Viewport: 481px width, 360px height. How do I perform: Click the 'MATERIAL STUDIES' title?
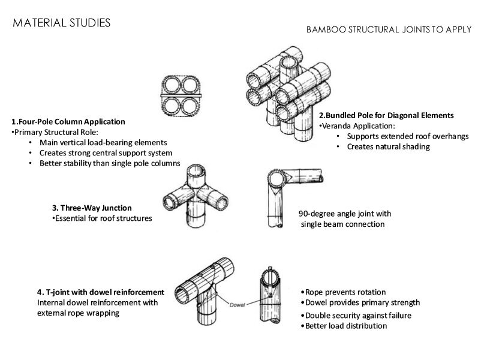[x=61, y=23]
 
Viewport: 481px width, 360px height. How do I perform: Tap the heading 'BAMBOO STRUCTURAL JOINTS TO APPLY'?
[x=389, y=29]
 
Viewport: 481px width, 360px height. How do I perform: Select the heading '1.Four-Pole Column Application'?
[x=68, y=121]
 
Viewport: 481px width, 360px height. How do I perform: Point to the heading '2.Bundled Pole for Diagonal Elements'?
[x=386, y=115]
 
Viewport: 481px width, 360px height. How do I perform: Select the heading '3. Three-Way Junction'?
[x=92, y=208]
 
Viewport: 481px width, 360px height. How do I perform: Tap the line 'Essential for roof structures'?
[x=103, y=218]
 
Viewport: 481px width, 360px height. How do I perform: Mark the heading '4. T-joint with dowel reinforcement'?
[x=100, y=292]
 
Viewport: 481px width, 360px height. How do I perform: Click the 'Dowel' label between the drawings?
[x=239, y=305]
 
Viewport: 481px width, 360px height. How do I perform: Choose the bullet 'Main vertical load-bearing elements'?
[x=103, y=143]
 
